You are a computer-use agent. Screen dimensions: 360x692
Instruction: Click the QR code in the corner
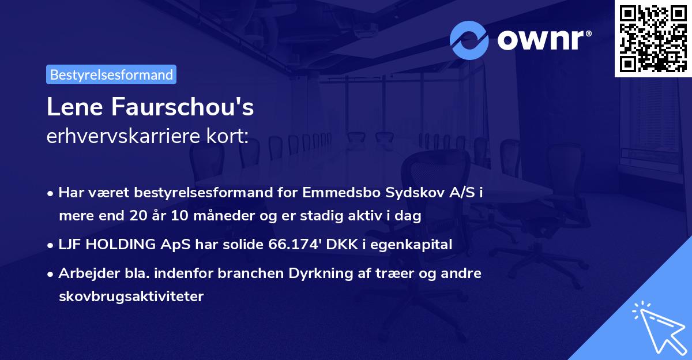[x=653, y=38]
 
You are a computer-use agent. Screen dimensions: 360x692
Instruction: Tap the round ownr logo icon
[x=470, y=39]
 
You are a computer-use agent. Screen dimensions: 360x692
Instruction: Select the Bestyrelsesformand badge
[x=111, y=74]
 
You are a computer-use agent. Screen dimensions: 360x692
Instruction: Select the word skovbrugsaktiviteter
[x=131, y=297]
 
